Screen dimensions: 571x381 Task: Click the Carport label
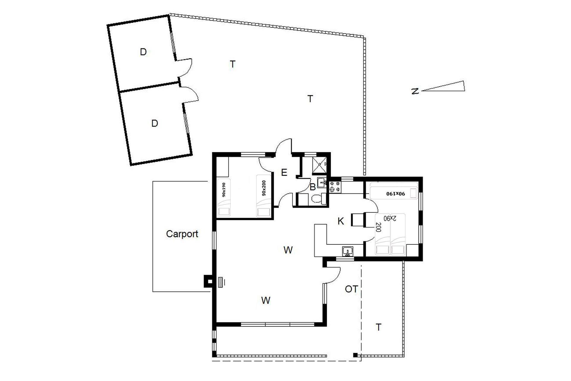point(182,234)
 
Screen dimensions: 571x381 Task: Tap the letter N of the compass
point(415,91)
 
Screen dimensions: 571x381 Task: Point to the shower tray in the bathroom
point(319,165)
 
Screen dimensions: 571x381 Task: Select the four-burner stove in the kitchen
point(335,186)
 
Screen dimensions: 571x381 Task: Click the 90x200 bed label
point(264,188)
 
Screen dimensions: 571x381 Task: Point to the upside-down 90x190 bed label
point(396,193)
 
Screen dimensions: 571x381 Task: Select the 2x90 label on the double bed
point(390,218)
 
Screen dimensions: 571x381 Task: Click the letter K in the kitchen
point(341,221)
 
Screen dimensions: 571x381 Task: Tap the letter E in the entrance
point(284,172)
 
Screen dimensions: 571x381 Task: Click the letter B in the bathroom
point(313,187)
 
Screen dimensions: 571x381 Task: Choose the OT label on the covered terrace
point(351,289)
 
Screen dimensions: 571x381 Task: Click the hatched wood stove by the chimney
point(220,282)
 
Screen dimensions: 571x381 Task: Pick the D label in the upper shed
point(143,52)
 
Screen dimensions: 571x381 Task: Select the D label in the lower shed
point(154,123)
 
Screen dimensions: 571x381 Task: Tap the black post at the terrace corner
point(355,355)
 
